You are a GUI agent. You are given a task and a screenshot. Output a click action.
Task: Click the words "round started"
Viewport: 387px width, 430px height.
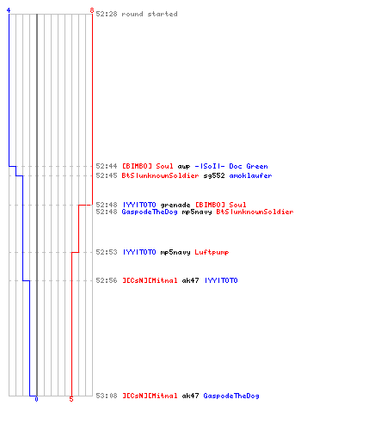pyautogui.click(x=150, y=14)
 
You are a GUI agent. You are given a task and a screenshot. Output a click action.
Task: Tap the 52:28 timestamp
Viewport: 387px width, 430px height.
pyautogui.click(x=107, y=14)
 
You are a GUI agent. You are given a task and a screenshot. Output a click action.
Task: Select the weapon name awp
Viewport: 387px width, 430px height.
pyautogui.click(x=184, y=167)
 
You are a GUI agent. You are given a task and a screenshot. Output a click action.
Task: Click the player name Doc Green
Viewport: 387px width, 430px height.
pyautogui.click(x=249, y=166)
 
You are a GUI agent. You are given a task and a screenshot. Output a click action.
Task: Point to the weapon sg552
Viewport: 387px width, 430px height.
pyautogui.click(x=214, y=175)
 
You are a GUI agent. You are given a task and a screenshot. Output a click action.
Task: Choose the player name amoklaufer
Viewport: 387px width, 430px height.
pyautogui.click(x=250, y=175)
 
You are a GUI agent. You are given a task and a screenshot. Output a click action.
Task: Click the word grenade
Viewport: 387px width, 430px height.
pyautogui.click(x=175, y=205)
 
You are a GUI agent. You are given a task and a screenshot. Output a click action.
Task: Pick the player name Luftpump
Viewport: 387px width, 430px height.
pyautogui.click(x=212, y=252)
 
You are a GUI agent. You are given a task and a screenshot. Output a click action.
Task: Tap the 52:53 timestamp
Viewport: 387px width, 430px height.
pyautogui.click(x=107, y=252)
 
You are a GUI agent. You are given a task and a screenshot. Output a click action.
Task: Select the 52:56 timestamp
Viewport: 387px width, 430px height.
pyautogui.click(x=107, y=280)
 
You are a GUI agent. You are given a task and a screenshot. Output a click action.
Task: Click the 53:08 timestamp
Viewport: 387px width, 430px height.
pyautogui.click(x=107, y=396)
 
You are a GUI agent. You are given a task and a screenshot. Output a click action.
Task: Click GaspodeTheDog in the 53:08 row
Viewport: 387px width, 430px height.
pyautogui.click(x=231, y=396)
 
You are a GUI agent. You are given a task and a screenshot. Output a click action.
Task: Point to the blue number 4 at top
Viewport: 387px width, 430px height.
pyautogui.click(x=9, y=10)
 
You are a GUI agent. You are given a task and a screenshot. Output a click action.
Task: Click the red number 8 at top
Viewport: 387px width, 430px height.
pyautogui.click(x=92, y=10)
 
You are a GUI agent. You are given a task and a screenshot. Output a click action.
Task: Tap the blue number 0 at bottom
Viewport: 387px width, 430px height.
pyautogui.click(x=36, y=399)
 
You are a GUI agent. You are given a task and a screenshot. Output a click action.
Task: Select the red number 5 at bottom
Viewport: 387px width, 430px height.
pyautogui.click(x=71, y=399)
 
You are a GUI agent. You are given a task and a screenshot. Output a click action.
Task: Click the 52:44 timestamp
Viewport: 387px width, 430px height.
pyautogui.click(x=107, y=166)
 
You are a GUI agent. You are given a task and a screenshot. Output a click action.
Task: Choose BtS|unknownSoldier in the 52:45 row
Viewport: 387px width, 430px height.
pyautogui.click(x=160, y=175)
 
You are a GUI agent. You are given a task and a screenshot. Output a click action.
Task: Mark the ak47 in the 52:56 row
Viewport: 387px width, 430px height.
pyautogui.click(x=190, y=280)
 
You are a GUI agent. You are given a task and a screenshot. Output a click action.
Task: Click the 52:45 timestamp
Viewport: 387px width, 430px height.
pyautogui.click(x=107, y=175)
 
